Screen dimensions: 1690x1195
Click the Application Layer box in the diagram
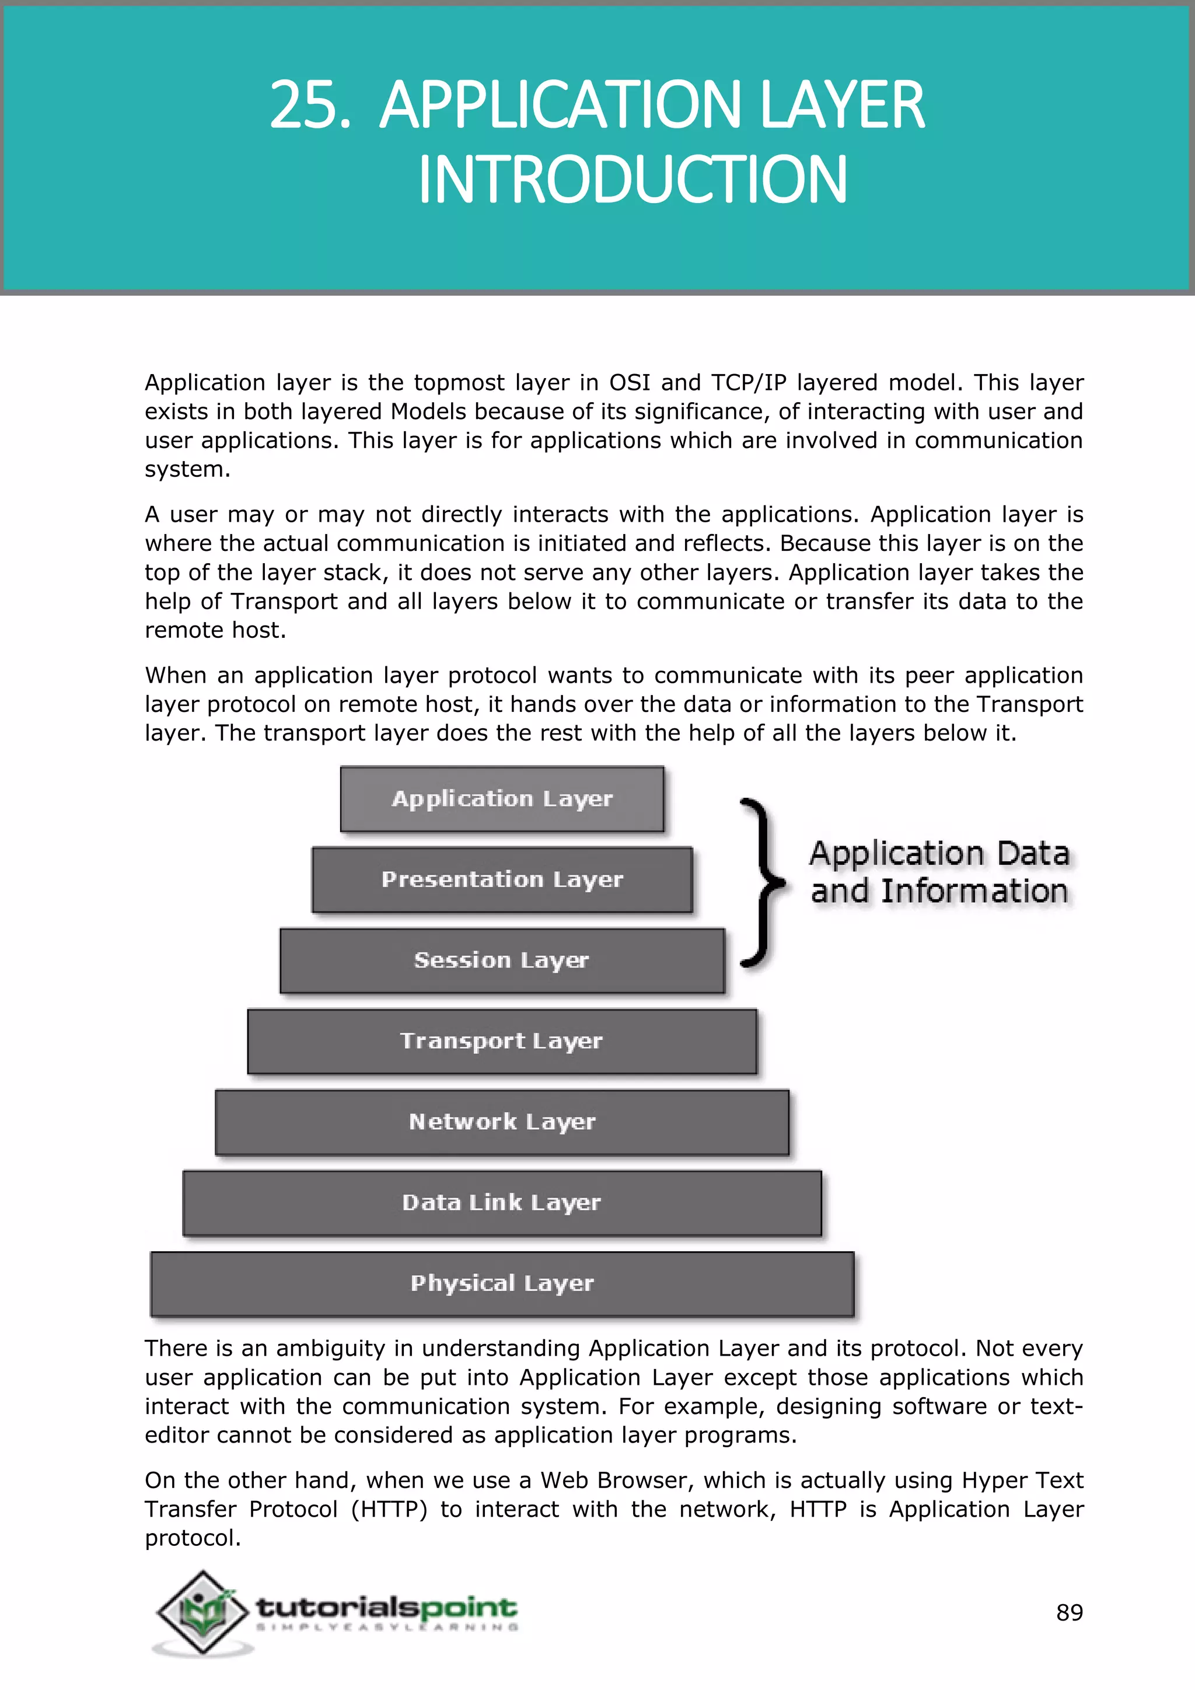pos(502,799)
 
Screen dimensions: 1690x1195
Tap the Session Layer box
pos(502,961)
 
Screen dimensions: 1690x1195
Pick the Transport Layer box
pos(502,1041)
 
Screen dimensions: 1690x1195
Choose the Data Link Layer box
pos(502,1203)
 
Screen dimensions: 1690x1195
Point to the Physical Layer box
pos(502,1284)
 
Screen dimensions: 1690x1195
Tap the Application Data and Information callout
pos(939,872)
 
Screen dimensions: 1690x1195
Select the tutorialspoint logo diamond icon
pos(202,1611)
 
